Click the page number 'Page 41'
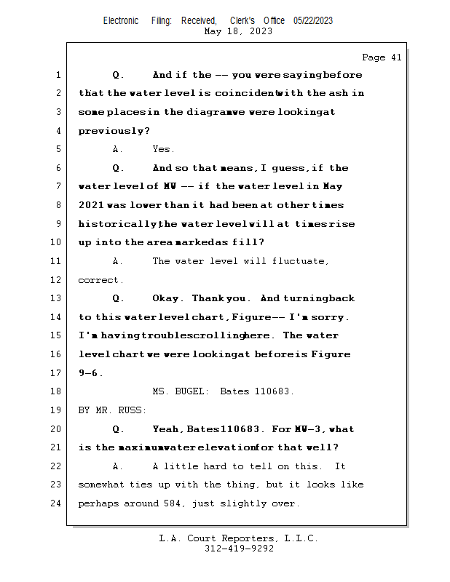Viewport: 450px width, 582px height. click(382, 57)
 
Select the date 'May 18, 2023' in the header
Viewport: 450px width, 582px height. click(238, 31)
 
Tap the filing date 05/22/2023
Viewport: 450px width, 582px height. click(313, 20)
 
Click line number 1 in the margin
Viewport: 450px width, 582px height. click(58, 75)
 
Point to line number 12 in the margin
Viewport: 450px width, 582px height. click(57, 280)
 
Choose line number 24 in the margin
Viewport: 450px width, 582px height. click(57, 503)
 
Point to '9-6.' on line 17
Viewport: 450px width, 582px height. click(90, 373)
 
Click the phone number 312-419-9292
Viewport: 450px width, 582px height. click(239, 549)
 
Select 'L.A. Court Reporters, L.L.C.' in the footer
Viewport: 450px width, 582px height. click(238, 538)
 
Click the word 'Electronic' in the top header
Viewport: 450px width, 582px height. click(121, 20)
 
